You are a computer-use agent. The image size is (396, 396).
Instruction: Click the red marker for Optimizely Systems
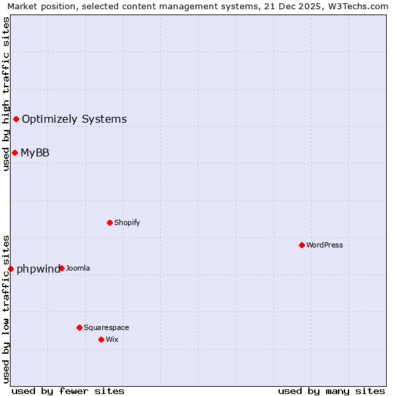coord(16,119)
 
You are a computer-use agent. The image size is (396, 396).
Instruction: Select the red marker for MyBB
coord(15,152)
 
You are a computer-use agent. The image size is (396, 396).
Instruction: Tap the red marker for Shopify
coord(110,222)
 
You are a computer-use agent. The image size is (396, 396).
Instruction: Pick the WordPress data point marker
coord(302,245)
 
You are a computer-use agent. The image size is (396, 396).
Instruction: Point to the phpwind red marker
coord(11,269)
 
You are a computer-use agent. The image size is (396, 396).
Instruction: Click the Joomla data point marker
coord(61,268)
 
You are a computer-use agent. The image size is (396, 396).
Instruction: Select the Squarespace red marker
coord(79,327)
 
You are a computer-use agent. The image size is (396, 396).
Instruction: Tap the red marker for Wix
coord(101,339)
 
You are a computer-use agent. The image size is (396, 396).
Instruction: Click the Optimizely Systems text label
coord(74,119)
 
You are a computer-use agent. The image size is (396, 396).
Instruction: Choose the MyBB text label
coord(35,153)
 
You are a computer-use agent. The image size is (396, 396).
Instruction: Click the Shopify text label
coord(127,223)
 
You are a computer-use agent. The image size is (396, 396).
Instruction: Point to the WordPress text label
coord(324,246)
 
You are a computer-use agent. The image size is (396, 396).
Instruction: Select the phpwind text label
coord(38,269)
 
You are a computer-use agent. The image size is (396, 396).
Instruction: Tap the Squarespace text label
coord(106,328)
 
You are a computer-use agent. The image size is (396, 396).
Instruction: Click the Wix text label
coord(112,340)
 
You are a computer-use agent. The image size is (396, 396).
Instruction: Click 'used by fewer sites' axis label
coord(68,391)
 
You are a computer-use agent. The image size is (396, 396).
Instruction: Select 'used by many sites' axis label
coord(331,391)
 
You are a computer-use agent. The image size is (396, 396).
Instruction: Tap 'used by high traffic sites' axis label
coord(6,94)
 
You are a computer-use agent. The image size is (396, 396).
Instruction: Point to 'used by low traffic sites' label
coord(6,308)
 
